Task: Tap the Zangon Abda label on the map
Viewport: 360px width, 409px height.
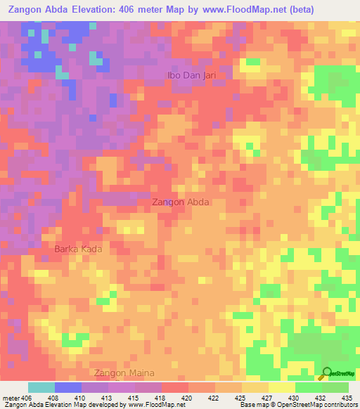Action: coord(181,202)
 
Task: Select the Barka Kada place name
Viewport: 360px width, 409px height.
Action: coord(79,249)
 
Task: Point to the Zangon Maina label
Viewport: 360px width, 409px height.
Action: coord(122,372)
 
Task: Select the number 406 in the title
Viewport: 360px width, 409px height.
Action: coord(140,9)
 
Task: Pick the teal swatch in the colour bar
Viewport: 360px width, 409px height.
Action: coord(41,387)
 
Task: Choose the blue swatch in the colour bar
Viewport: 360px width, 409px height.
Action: coord(68,387)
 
